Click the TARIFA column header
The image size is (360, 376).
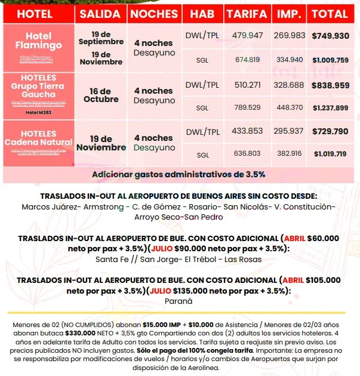[247, 13]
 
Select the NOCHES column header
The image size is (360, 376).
[154, 13]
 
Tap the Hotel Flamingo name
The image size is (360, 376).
[38, 41]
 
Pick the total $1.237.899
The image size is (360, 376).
[330, 107]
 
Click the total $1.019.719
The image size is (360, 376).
[330, 154]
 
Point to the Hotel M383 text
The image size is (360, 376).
[38, 112]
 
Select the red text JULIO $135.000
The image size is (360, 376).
[178, 291]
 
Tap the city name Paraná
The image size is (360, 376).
[180, 302]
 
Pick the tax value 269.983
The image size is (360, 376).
[290, 36]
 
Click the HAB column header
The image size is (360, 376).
[202, 13]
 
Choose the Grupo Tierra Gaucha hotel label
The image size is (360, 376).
[38, 86]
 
